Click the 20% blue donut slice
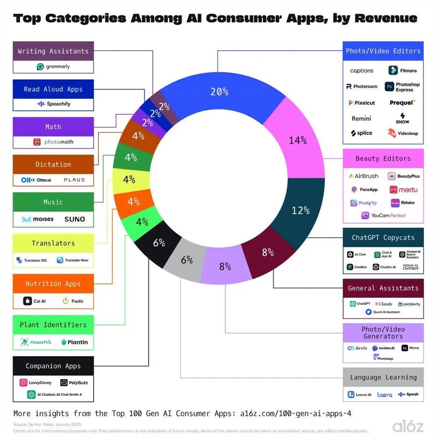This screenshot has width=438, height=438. pos(219,92)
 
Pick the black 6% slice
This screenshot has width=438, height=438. pos(159,242)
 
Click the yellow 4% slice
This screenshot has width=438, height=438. pos(128,179)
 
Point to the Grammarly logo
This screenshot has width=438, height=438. pos(53,67)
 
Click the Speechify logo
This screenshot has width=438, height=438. pos(53,104)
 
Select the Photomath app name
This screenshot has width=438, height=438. pos(58,142)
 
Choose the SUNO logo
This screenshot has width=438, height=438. pos(74,219)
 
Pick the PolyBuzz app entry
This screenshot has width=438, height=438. pos(74,383)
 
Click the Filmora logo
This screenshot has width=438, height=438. pos(403,70)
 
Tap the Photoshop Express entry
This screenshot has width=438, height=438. pos(403,87)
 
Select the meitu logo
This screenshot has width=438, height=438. pos(403,190)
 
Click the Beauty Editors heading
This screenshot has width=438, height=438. pos(383,158)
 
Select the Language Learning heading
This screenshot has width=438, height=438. pos(383,377)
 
